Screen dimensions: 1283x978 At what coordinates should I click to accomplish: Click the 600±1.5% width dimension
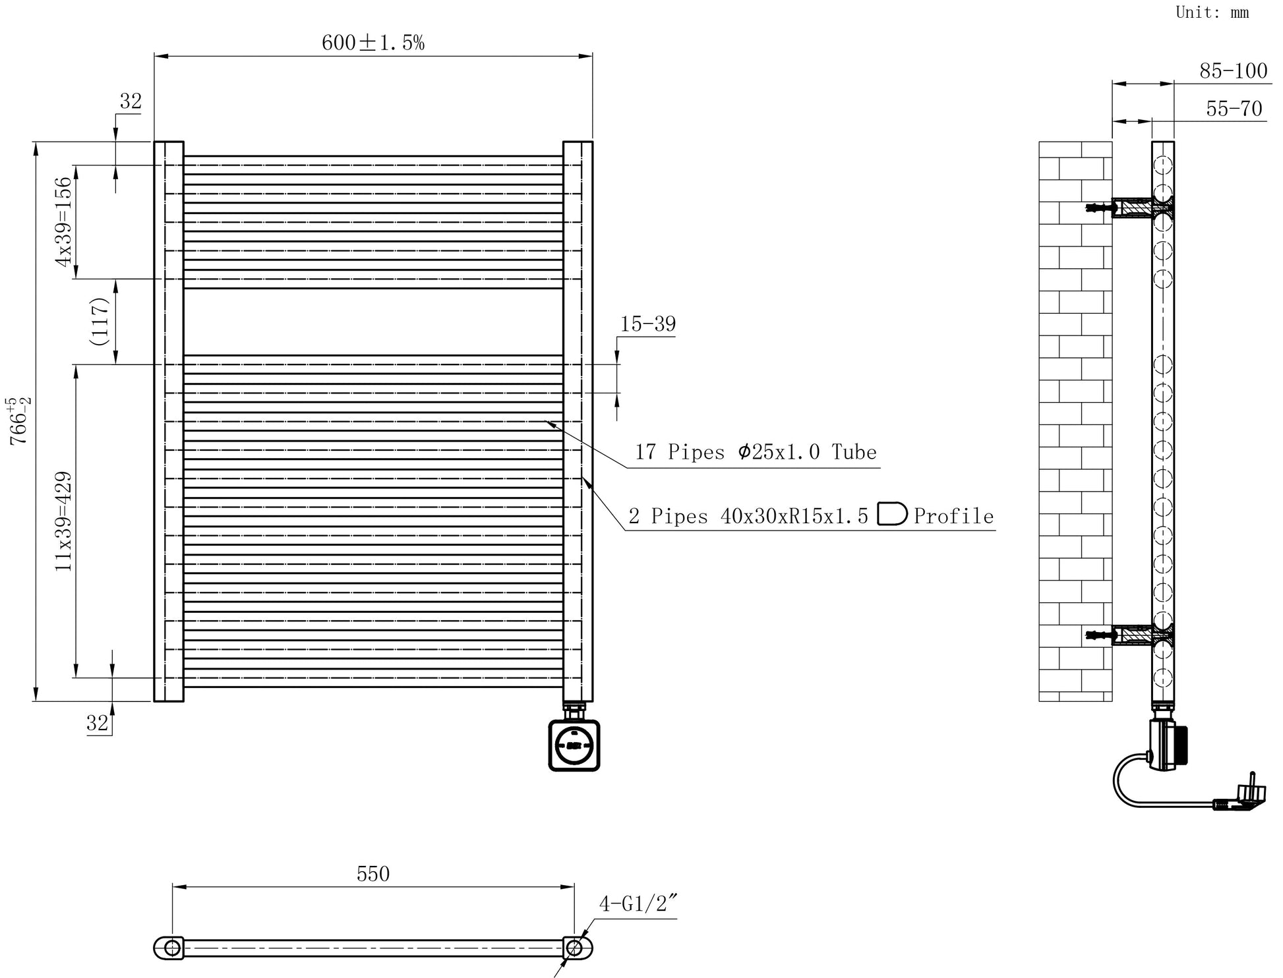373,43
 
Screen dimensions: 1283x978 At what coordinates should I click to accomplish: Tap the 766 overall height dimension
19,421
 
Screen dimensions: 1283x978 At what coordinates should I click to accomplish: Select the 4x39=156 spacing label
63,221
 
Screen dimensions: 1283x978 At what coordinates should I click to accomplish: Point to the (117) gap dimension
99,322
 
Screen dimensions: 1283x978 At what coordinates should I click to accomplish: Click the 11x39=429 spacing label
63,521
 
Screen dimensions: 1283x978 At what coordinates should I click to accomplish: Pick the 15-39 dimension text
647,324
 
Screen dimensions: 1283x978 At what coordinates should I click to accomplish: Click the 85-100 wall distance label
1233,71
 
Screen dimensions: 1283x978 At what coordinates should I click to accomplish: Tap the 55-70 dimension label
1234,108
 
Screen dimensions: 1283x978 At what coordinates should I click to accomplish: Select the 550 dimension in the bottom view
373,874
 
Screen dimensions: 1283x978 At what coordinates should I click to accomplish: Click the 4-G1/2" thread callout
638,904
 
